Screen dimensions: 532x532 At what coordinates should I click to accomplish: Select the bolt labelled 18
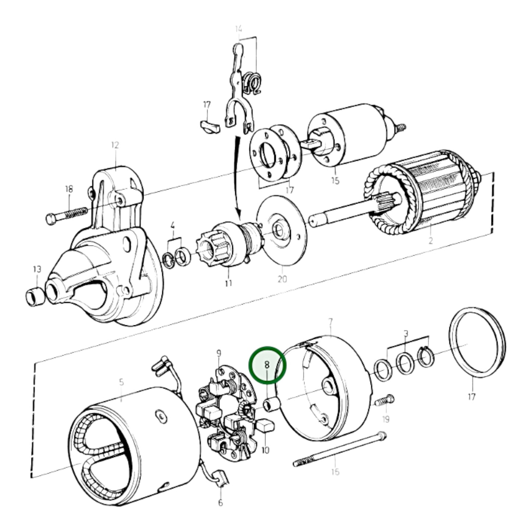pos(66,214)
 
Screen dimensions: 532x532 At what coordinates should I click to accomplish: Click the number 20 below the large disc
pos(282,279)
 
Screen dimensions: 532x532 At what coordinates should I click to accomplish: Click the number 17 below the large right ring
pos(471,397)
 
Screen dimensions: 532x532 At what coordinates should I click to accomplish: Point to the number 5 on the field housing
pos(122,383)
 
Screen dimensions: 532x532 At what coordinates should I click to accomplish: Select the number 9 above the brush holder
pos(219,354)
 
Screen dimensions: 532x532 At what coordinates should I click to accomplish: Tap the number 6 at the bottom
pos(220,502)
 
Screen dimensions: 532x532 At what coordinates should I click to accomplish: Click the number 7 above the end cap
pos(330,323)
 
